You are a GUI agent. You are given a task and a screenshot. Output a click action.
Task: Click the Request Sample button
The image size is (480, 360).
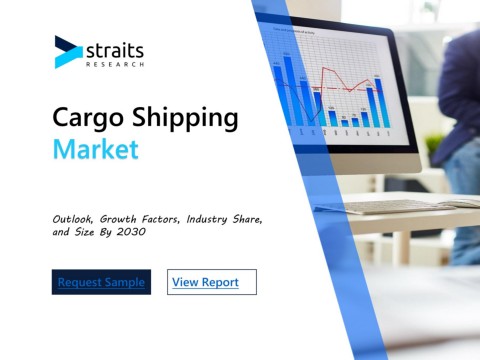101,282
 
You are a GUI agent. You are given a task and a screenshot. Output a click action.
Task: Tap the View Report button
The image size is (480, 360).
212,282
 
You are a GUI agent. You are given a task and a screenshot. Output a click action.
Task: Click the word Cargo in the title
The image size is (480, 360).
88,118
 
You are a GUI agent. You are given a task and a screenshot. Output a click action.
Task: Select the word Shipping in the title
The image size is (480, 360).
185,118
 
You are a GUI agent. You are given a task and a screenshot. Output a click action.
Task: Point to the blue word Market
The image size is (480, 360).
96,149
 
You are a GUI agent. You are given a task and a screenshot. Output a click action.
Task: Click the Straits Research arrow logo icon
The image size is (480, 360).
68,52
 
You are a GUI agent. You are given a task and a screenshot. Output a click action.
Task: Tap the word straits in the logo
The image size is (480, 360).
115,51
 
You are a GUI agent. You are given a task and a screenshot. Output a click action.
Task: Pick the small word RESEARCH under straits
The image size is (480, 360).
115,64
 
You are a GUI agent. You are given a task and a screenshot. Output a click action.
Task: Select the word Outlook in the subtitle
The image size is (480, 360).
72,219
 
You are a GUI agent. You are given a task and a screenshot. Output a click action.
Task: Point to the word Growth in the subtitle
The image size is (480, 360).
118,219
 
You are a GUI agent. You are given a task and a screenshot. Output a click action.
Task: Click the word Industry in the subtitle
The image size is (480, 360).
207,219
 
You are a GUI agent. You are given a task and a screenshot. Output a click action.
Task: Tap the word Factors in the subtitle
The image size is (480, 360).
161,219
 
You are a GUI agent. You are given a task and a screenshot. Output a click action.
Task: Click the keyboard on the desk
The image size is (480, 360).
398,206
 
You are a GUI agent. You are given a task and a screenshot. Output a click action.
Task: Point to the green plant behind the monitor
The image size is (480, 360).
434,143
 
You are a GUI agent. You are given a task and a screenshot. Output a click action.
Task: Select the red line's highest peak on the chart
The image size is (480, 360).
323,68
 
